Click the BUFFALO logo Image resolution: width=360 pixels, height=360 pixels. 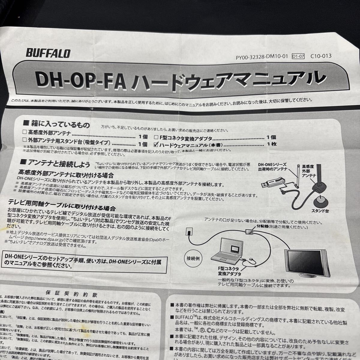pos(49,53)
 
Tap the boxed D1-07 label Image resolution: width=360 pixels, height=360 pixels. pos(298,56)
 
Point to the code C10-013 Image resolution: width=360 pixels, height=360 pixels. pos(321,55)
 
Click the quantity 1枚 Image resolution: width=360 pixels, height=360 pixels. pos(272,144)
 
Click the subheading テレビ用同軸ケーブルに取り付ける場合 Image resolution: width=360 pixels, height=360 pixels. pos(67,208)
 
